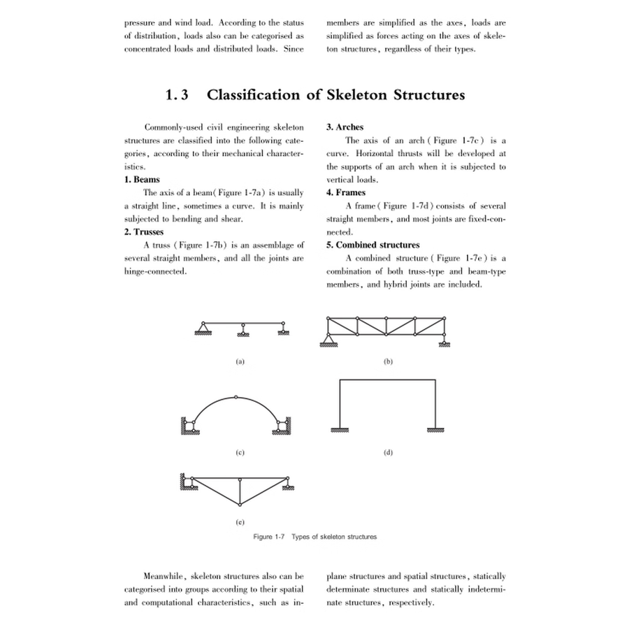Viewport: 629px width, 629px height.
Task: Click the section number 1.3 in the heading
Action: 175,95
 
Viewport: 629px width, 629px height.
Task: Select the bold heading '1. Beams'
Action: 142,180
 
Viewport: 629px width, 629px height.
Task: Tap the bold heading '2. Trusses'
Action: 145,231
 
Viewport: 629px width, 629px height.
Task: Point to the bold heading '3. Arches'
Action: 345,127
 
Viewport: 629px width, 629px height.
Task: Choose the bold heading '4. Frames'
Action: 346,192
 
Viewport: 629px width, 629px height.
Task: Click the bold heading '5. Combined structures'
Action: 373,245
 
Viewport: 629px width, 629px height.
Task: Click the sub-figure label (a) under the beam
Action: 240,361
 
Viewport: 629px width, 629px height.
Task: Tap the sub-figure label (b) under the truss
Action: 389,361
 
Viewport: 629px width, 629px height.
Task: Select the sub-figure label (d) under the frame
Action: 389,452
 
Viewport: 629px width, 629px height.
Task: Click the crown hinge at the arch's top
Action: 236,397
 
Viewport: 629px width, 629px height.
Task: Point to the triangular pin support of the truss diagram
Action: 328,340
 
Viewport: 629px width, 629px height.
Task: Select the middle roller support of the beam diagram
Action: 243,329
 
